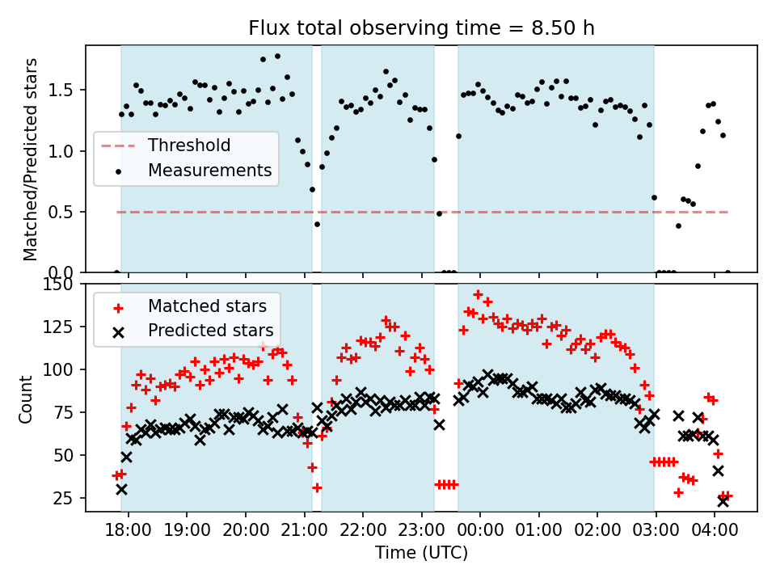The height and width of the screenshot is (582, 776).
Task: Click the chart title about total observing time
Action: click(421, 28)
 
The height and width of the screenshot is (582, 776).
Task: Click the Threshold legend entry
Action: click(188, 145)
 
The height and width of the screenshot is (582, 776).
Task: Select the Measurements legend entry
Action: click(209, 171)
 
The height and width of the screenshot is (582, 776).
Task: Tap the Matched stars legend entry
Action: click(207, 306)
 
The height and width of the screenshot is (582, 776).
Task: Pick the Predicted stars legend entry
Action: click(210, 331)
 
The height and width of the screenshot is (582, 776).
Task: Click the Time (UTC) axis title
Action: click(421, 554)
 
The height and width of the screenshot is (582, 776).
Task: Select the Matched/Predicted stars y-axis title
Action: click(31, 159)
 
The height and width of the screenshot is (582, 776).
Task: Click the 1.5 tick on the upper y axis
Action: click(68, 90)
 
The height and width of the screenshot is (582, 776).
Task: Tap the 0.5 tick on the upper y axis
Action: click(68, 212)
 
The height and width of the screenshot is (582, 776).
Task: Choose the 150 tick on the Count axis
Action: click(64, 285)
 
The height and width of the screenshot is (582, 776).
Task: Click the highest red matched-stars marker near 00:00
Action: click(478, 295)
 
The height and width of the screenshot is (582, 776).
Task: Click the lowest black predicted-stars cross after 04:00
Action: click(723, 501)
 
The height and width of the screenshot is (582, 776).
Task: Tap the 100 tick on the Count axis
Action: click(64, 369)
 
